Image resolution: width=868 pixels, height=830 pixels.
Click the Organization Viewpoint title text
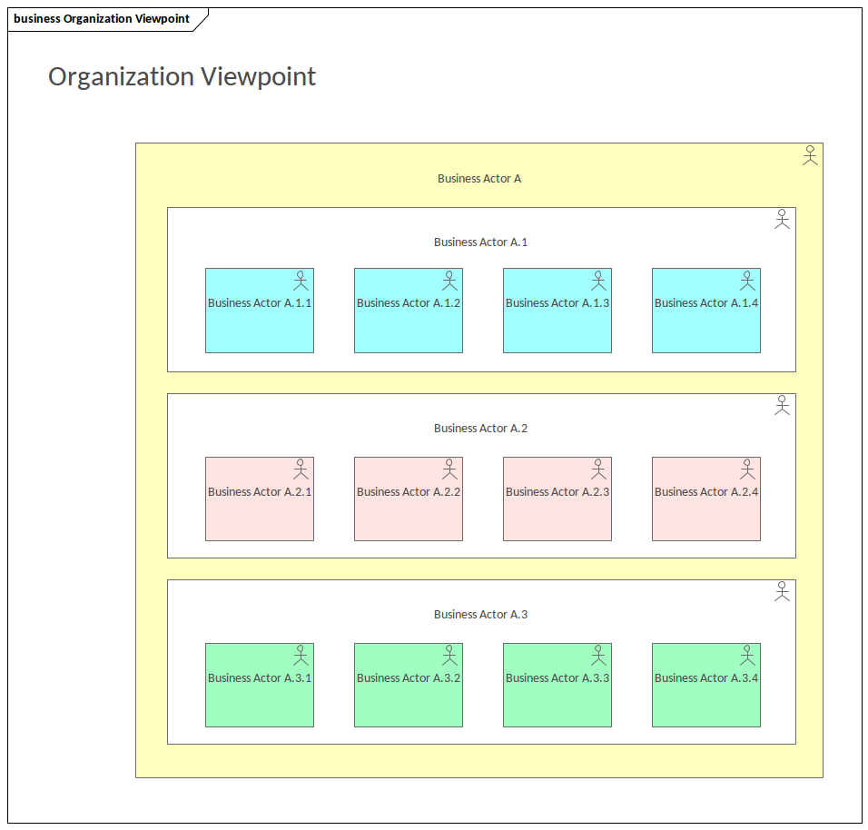click(182, 77)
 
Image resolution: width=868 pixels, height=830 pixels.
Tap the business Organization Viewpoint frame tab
click(102, 19)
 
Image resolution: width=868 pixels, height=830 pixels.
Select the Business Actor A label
click(479, 179)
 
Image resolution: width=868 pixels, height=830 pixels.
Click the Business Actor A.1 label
click(480, 242)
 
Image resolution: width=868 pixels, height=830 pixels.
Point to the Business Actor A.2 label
click(480, 429)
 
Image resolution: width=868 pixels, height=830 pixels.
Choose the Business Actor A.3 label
click(480, 615)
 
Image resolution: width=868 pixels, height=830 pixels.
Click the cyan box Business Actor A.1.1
click(260, 311)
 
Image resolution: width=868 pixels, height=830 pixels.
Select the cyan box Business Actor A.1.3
click(557, 311)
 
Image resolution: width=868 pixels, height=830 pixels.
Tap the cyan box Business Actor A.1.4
click(706, 311)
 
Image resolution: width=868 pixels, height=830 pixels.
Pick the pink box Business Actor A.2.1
click(260, 499)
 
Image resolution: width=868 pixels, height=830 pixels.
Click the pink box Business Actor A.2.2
click(409, 499)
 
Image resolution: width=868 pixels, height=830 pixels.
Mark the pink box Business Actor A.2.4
click(706, 499)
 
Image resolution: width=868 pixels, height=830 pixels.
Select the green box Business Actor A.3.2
click(409, 686)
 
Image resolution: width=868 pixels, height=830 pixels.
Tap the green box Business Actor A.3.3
click(557, 686)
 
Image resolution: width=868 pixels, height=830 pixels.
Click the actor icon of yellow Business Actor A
click(811, 155)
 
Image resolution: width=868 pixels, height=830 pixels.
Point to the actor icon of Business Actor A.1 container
click(783, 219)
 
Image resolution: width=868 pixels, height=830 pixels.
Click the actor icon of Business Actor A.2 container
click(783, 405)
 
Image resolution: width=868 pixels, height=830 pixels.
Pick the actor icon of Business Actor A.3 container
click(783, 591)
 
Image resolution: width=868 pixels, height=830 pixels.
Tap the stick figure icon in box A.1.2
click(449, 280)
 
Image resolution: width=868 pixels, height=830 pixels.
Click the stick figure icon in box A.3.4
click(747, 655)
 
